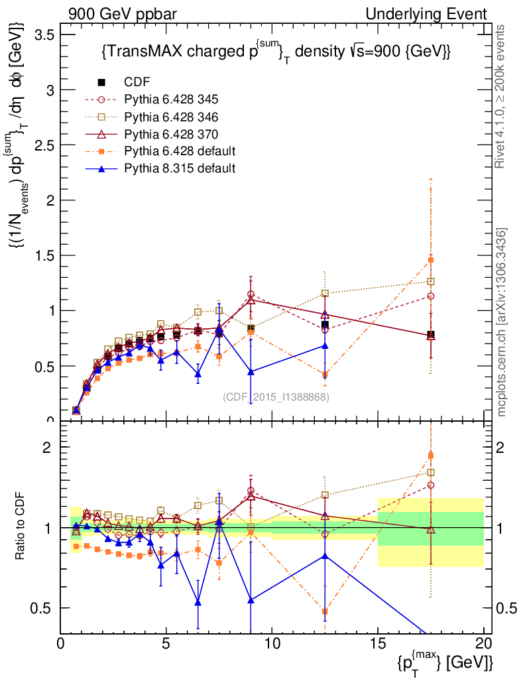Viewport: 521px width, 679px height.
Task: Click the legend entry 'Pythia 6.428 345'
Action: [171, 99]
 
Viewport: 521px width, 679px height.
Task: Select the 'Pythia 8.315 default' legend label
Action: [180, 168]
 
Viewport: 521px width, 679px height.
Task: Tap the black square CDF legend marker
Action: [101, 82]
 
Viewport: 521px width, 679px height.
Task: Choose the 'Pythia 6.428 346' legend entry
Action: [171, 117]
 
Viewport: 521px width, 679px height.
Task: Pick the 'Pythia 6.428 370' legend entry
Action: [171, 134]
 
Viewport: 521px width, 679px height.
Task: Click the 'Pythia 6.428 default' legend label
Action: [180, 151]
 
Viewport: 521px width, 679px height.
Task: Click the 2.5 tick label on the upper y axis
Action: [45, 145]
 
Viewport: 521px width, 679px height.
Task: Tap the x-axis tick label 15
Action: [377, 643]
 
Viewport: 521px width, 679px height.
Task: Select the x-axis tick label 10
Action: [272, 643]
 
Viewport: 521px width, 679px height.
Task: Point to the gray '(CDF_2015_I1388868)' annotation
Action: [276, 397]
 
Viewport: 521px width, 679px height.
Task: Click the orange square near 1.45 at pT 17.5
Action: [431, 260]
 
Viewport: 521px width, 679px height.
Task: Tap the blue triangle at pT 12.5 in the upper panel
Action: [325, 345]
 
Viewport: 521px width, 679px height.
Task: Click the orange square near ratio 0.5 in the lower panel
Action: [325, 611]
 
